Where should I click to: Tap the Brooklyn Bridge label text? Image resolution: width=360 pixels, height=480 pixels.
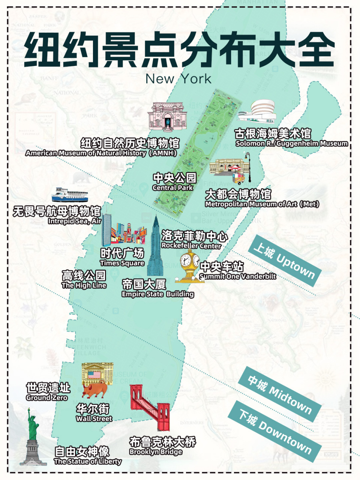click(x=162, y=446)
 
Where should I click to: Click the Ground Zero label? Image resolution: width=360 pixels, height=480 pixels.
click(x=48, y=392)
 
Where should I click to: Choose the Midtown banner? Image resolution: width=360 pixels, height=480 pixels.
click(x=279, y=393)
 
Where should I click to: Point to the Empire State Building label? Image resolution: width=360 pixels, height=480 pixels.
click(x=157, y=289)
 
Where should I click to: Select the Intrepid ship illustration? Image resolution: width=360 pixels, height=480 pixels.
click(x=70, y=195)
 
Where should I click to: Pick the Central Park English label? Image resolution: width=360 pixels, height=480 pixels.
click(x=173, y=187)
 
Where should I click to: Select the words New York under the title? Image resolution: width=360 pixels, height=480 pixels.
click(x=178, y=79)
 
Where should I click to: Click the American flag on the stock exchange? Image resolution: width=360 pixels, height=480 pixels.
click(x=94, y=374)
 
